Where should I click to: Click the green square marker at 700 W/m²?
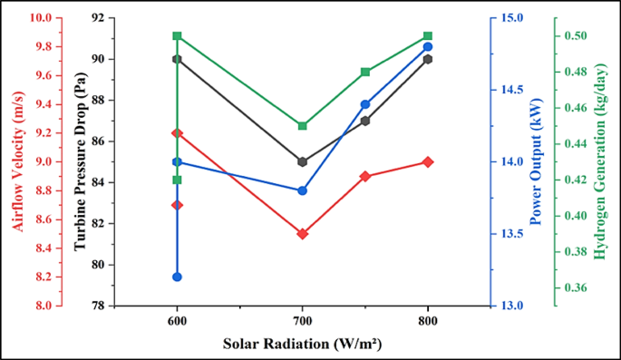pos(303,126)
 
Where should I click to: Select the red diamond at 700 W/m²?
pos(303,234)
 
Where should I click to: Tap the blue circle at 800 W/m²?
pos(428,46)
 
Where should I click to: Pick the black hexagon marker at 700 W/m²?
pos(303,161)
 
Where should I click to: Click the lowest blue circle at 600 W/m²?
pos(178,277)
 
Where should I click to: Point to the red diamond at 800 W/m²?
pos(428,161)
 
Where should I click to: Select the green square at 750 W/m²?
pos(365,72)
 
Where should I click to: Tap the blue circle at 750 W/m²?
pos(365,104)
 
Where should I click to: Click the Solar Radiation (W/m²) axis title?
pos(302,345)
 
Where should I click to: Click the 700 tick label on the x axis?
pos(303,321)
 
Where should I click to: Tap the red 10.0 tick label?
pos(43,18)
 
